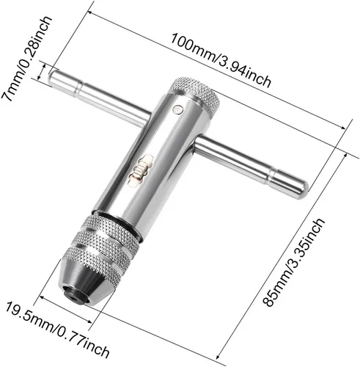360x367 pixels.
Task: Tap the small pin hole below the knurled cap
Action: (178, 112)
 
